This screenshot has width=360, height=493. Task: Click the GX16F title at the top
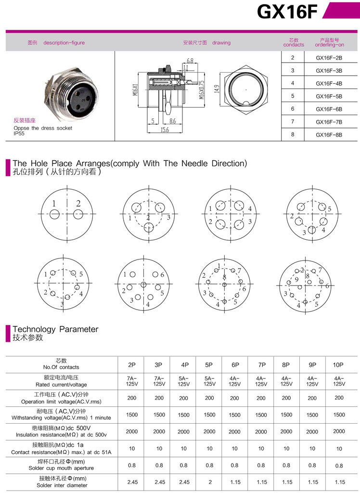click(x=287, y=12)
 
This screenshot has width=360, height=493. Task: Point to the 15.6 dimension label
click(x=164, y=130)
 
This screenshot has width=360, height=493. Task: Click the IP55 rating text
click(x=19, y=133)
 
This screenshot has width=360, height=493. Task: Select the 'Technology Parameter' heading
click(x=55, y=329)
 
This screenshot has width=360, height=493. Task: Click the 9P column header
click(x=312, y=365)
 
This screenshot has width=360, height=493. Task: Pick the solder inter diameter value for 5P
click(x=209, y=481)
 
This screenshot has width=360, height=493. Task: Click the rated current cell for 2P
click(x=131, y=381)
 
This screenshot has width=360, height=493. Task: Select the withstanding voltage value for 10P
click(x=339, y=415)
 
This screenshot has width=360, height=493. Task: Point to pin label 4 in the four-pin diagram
click(x=250, y=209)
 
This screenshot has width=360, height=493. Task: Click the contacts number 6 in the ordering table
click(x=293, y=109)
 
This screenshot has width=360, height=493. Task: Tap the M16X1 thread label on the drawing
click(x=136, y=89)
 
